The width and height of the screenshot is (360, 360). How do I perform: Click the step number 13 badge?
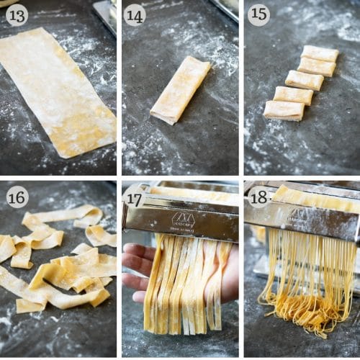[x=17, y=14]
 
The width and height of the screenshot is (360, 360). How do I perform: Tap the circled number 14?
[x=135, y=14]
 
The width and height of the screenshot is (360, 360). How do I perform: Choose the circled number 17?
[x=135, y=194]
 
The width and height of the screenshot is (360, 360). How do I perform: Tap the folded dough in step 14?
[x=180, y=90]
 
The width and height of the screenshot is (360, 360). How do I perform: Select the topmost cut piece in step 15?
[x=320, y=53]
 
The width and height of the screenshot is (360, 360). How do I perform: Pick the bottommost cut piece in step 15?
[x=284, y=109]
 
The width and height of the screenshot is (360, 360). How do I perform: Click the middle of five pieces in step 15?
[x=304, y=80]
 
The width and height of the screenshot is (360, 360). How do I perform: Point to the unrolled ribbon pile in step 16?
[x=58, y=266]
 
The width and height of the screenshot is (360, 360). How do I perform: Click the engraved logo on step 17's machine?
[x=182, y=219]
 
